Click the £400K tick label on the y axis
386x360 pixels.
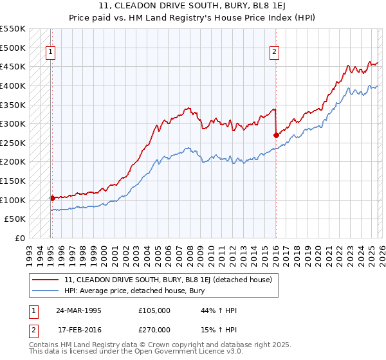pos(13,85)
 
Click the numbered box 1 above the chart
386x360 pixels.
pos(51,53)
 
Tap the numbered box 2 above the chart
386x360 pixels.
pos(275,53)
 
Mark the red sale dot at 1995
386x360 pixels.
pos(52,198)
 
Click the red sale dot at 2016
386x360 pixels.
pos(276,135)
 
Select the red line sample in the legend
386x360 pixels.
pos(45,280)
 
